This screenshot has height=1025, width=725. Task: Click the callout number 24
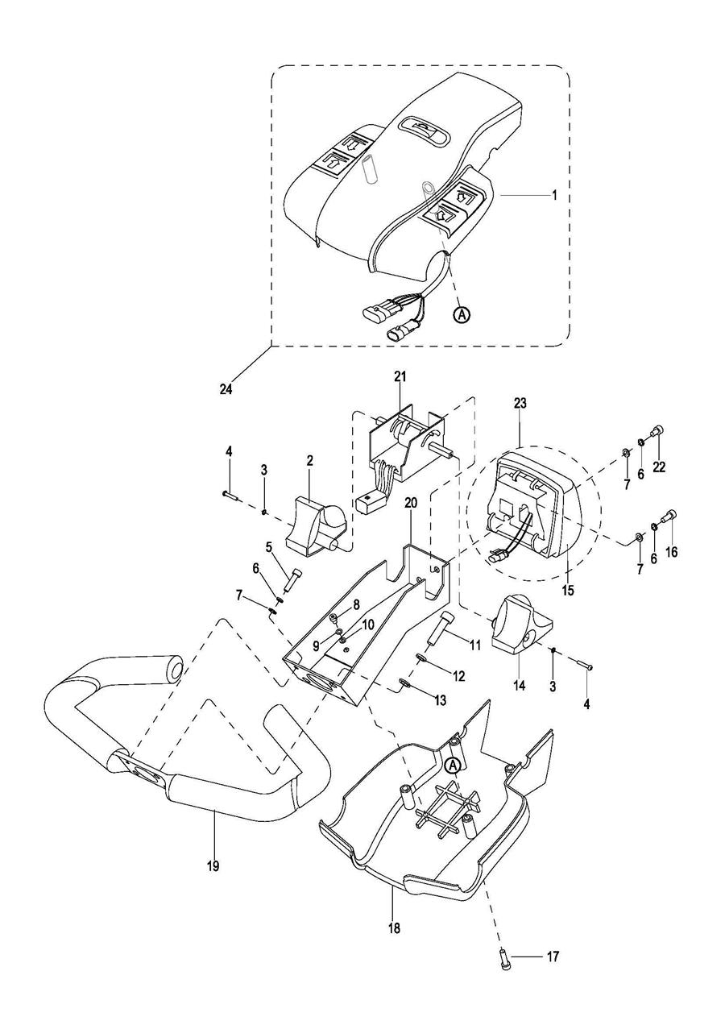coord(226,389)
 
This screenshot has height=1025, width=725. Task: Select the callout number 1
coord(555,195)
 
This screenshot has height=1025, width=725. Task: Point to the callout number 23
coord(520,403)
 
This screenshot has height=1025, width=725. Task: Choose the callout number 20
coord(411,503)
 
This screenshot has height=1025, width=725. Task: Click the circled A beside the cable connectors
coord(462,314)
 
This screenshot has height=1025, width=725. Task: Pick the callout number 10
coord(368,625)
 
